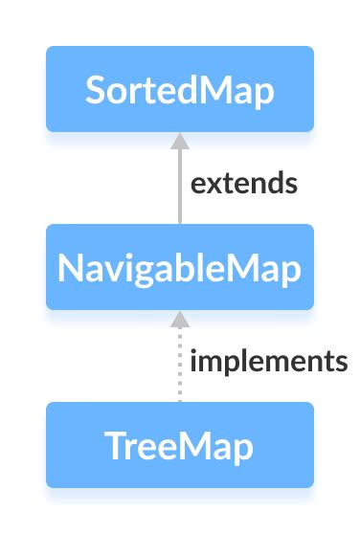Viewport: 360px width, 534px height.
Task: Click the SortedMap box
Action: point(180,89)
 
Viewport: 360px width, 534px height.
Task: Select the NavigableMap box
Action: point(180,267)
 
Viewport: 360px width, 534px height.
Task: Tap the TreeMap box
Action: point(180,445)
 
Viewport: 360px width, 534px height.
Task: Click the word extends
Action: point(244,183)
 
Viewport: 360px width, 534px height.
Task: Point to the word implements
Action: point(268,362)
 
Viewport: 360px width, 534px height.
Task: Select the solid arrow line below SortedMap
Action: point(179,187)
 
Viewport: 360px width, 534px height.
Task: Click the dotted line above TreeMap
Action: point(179,368)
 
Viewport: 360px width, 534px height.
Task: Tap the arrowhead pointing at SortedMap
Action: point(179,141)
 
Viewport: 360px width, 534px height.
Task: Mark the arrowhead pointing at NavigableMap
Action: point(179,319)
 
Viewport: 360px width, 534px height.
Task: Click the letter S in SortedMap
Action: point(95,90)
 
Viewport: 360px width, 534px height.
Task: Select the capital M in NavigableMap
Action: point(243,268)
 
